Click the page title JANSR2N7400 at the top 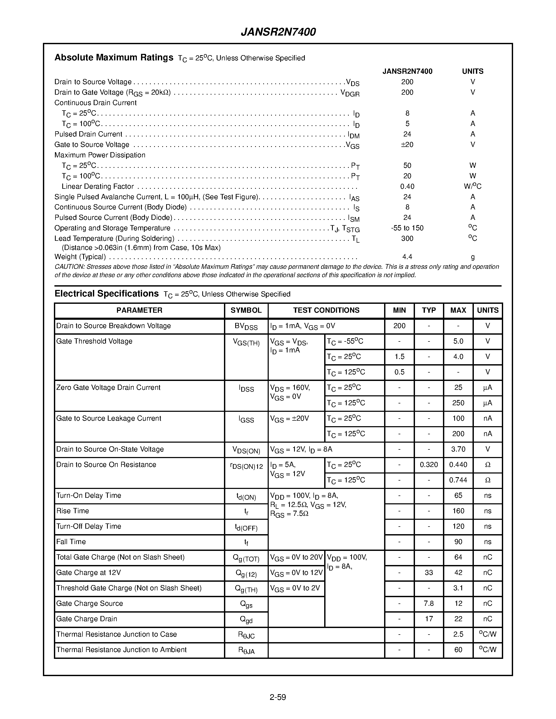278,32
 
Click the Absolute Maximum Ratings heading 114,58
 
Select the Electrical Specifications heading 106,294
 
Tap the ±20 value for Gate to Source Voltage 407,145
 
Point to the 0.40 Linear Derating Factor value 407,186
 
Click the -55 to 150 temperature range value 407,228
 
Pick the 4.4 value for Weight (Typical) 407,256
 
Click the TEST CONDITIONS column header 326,310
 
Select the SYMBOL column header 246,310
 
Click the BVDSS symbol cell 246,326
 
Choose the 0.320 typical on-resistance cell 429,465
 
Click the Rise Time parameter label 72,511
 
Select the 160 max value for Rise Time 458,511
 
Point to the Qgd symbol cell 246,620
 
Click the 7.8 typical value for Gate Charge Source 429,603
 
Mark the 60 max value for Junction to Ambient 458,649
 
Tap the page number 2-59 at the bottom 278,697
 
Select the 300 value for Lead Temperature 407,238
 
